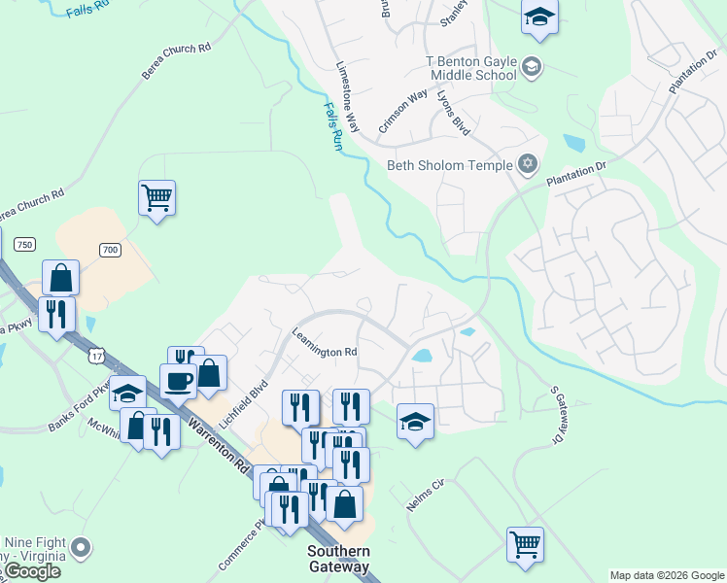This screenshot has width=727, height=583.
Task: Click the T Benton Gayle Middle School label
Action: point(471,67)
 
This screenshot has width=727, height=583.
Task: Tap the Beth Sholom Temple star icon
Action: point(528,164)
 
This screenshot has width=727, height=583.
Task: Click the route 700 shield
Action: point(110,250)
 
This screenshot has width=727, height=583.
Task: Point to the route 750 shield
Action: point(25,243)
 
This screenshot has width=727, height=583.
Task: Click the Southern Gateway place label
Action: point(338,559)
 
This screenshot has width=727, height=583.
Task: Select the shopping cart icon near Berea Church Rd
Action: point(156,197)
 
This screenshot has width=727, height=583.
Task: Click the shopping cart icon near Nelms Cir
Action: point(525,544)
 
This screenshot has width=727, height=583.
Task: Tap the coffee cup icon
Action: point(178,380)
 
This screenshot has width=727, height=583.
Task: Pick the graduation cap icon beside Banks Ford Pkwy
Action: point(127,393)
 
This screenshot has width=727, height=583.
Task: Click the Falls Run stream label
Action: point(333,126)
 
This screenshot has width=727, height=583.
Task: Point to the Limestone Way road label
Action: point(348,98)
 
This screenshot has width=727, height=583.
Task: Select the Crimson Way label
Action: point(403,110)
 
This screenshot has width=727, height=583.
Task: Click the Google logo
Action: point(32,571)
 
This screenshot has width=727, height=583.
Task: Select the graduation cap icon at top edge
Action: point(539,16)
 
